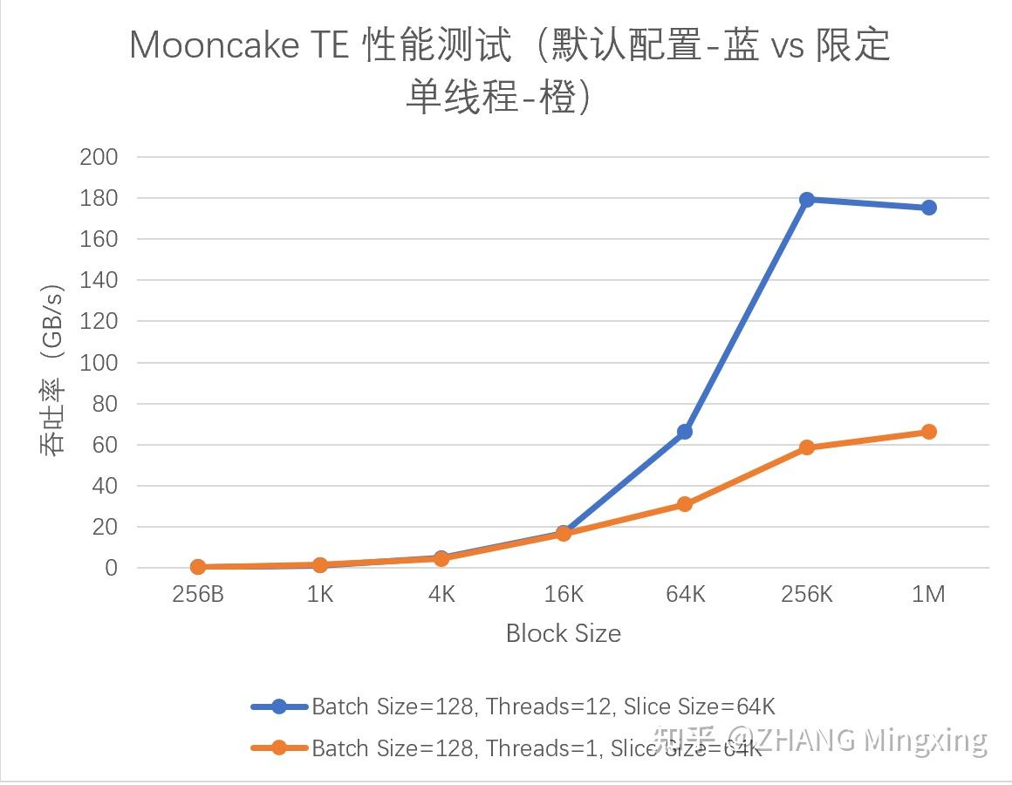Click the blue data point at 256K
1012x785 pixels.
[807, 200]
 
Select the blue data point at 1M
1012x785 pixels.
[928, 208]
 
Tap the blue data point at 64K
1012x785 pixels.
[685, 432]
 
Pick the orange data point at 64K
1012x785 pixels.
[685, 504]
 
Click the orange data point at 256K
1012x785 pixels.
[807, 447]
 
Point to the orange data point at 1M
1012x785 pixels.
[928, 432]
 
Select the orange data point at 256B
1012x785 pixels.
[198, 567]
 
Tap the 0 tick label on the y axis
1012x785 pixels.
[111, 568]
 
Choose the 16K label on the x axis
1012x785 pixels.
[564, 595]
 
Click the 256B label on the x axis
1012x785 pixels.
[198, 595]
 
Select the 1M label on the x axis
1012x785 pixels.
[928, 595]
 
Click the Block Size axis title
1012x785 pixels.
[564, 633]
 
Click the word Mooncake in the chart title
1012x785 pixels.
[214, 46]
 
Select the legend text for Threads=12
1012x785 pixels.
[543, 706]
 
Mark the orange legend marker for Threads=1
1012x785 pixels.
[279, 747]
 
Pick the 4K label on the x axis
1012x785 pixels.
[441, 595]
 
